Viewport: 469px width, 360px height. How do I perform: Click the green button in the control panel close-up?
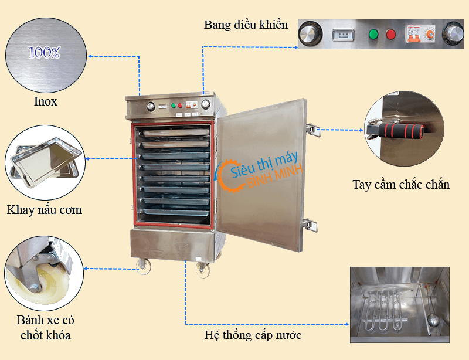(372, 34)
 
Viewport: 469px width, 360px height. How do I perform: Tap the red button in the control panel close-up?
(390, 34)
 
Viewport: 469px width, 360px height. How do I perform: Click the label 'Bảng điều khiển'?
(246, 25)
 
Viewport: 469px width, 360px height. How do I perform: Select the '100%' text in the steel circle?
(45, 52)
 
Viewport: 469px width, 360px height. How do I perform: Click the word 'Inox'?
(45, 101)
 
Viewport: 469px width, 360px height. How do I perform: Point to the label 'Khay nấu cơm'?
(45, 209)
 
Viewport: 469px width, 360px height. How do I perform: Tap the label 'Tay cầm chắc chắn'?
(401, 185)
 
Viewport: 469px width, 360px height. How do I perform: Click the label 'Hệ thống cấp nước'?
(253, 335)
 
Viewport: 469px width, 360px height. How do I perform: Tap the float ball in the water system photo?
(432, 320)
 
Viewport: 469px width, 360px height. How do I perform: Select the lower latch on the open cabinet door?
(311, 225)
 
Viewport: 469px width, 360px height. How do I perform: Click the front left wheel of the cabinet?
(143, 267)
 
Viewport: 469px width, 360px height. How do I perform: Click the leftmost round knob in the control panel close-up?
(309, 35)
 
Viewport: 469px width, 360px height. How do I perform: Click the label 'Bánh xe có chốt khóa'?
(46, 328)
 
